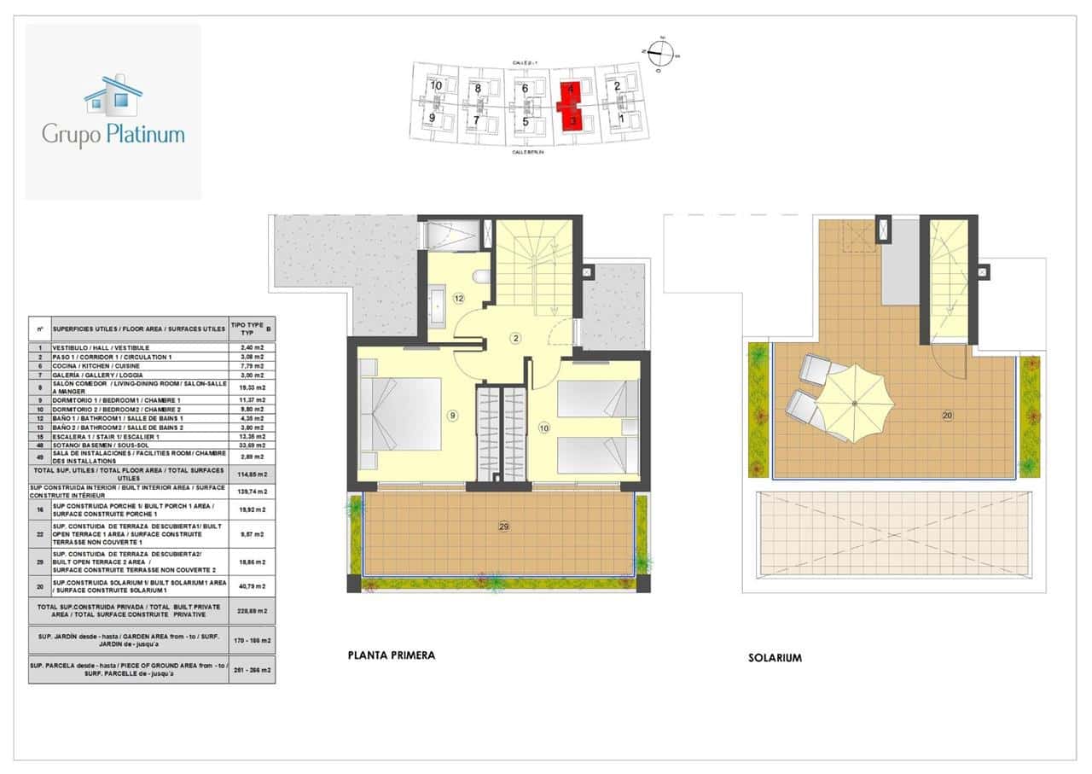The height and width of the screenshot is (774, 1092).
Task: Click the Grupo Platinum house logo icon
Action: click(113, 95)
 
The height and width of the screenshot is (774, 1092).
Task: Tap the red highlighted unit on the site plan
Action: click(572, 103)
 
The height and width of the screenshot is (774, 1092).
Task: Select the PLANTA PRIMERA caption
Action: click(392, 655)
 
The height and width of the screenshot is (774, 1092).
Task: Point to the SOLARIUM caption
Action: click(775, 658)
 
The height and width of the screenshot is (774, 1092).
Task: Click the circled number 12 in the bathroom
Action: click(459, 299)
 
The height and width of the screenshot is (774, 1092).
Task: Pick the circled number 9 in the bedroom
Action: click(453, 416)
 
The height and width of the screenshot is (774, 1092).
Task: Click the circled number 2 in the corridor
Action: click(515, 338)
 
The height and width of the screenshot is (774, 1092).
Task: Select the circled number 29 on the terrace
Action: click(503, 527)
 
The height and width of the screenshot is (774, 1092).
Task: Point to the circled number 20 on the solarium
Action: click(948, 416)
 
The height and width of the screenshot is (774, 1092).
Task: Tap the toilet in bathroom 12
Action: click(481, 276)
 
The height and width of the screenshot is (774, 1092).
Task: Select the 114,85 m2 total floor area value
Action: click(252, 474)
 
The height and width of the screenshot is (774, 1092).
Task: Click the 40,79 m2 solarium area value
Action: click(252, 585)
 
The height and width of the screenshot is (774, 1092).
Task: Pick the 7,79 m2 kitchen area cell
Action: click(252, 365)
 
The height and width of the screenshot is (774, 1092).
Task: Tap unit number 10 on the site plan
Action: click(435, 85)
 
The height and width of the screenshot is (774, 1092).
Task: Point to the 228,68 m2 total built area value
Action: click(252, 611)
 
